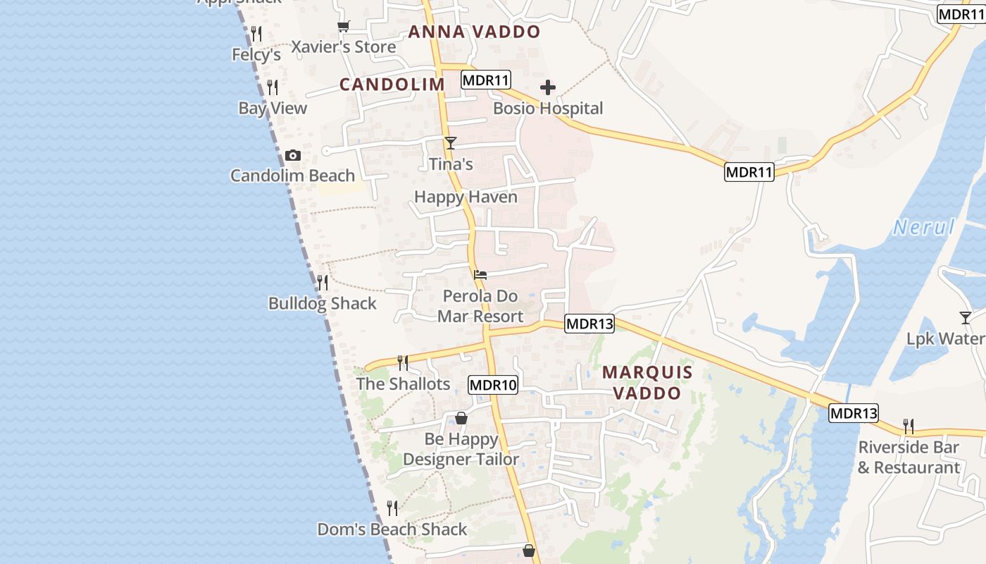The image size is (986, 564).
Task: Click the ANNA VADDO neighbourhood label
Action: [x=474, y=32]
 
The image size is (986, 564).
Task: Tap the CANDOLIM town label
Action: [x=392, y=85]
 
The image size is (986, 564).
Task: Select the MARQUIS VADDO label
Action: [x=647, y=383]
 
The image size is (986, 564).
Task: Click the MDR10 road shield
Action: [x=493, y=385]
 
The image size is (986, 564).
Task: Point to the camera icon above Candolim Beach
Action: [x=293, y=156]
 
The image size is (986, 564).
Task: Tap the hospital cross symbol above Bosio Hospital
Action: [x=548, y=88]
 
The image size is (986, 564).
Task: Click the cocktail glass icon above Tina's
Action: [x=451, y=143]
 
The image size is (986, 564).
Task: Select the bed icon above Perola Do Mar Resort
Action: [x=480, y=275]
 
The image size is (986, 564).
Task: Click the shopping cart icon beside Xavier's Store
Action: [x=343, y=27]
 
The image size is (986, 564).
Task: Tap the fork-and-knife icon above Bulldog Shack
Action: [x=323, y=283]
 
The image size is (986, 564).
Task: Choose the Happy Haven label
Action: [x=466, y=197]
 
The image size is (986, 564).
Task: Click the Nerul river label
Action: [x=924, y=227]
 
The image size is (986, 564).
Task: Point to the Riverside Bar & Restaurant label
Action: [x=909, y=458]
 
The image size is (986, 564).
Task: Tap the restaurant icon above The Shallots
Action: [x=403, y=363]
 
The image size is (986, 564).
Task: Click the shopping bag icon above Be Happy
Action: [x=461, y=418]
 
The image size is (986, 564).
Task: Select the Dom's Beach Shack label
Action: [x=392, y=529]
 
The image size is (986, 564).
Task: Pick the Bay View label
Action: [x=273, y=109]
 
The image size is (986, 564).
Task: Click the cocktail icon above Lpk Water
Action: [x=966, y=318]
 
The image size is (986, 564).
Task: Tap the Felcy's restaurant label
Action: [x=256, y=54]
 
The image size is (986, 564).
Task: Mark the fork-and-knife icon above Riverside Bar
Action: [x=909, y=427]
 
